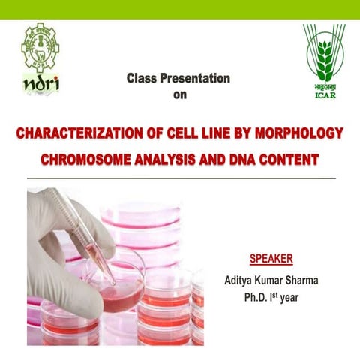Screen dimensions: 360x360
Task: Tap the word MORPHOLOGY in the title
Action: (x=298, y=135)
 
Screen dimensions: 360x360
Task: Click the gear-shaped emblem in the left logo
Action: (x=40, y=46)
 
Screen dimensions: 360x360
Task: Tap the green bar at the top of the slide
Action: (x=180, y=9)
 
